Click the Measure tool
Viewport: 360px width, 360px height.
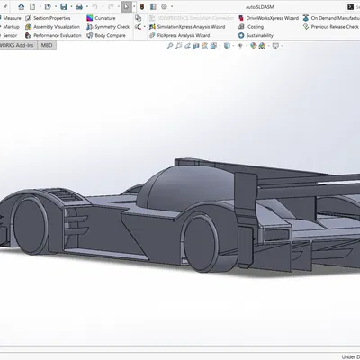pos(12,18)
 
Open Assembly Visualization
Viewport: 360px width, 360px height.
pos(56,27)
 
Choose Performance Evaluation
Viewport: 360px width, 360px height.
pos(58,36)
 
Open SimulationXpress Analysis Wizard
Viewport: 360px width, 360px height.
pos(190,27)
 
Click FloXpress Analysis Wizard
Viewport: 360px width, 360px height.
pos(183,36)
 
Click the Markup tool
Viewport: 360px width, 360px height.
pos(12,27)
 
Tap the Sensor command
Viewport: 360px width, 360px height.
pos(11,36)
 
